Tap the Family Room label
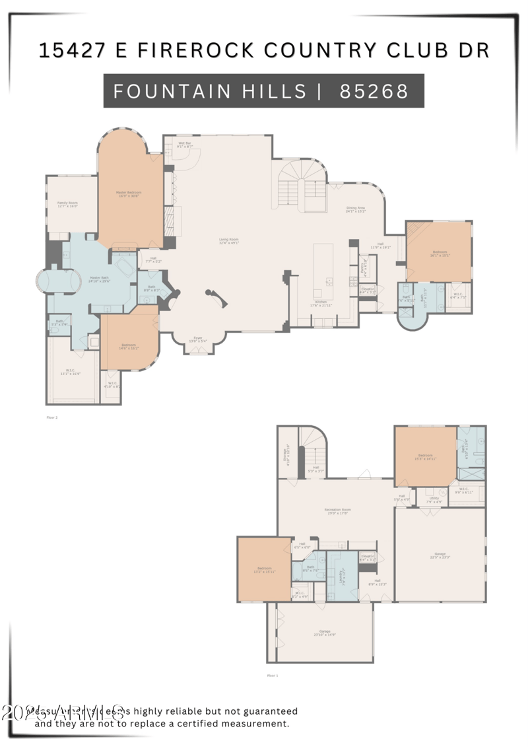67,204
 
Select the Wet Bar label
184,145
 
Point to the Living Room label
229,241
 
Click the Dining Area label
356,210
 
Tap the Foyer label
198,339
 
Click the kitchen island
323,271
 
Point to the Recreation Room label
337,511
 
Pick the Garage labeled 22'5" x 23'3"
440,555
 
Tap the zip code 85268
374,91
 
